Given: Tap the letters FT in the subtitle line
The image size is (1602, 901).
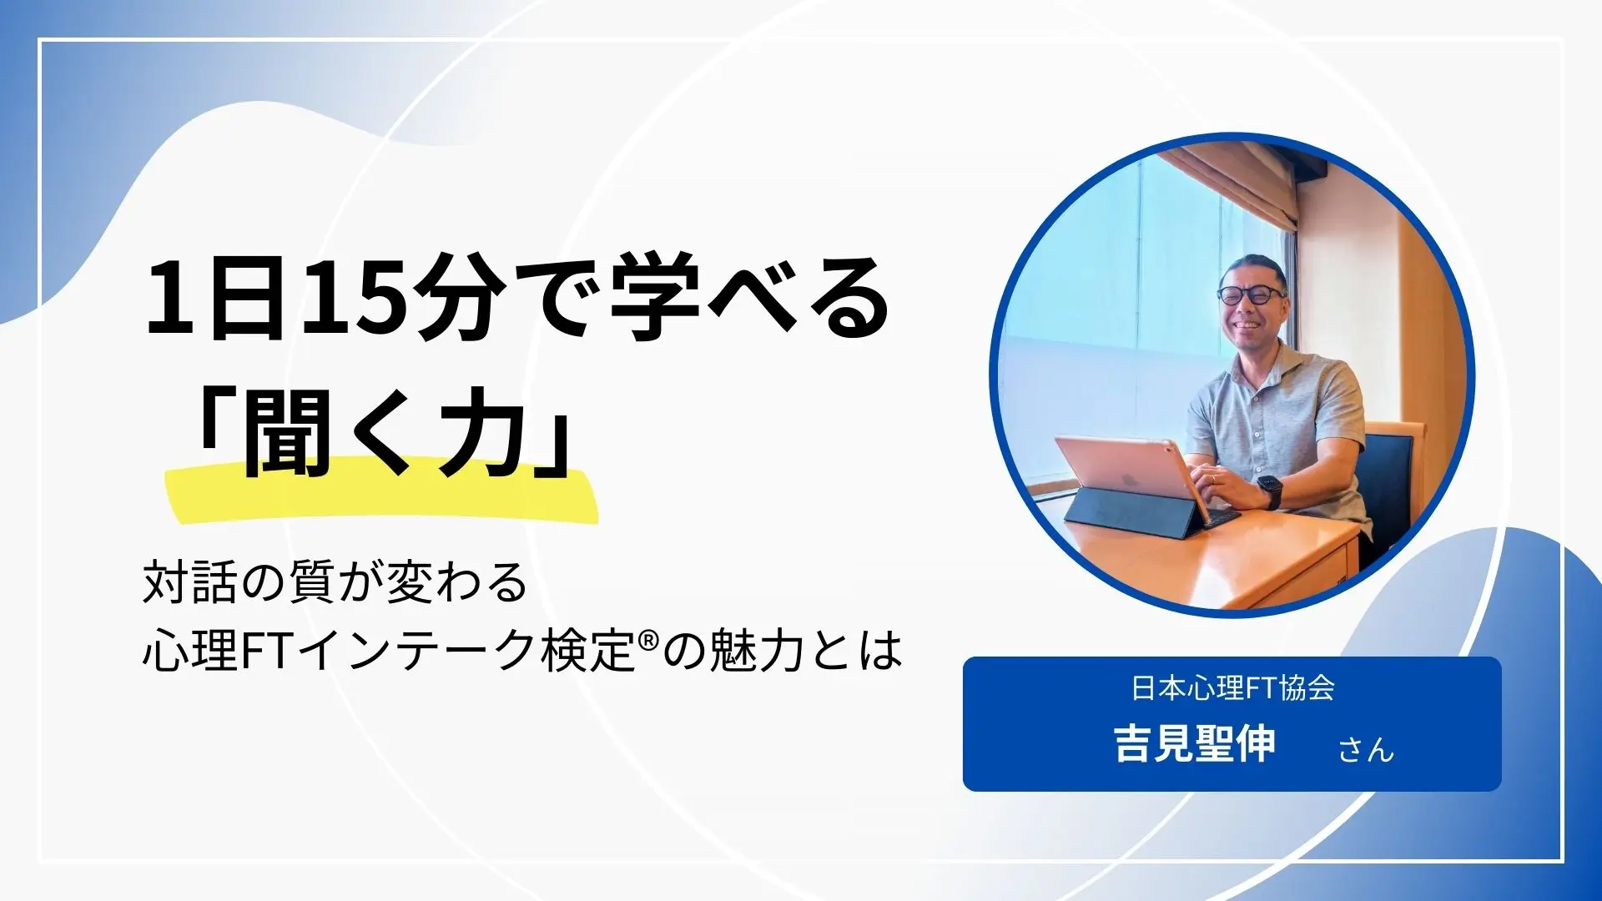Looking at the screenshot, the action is pos(265,651).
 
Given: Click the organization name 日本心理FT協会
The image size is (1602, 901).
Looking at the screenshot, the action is pos(1232,687).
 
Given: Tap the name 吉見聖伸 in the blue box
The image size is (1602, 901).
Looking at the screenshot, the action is pos(1195,743).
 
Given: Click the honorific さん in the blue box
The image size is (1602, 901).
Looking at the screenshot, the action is pos(1366,748).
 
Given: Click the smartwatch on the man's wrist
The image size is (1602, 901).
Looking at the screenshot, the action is pos(1268,491).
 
